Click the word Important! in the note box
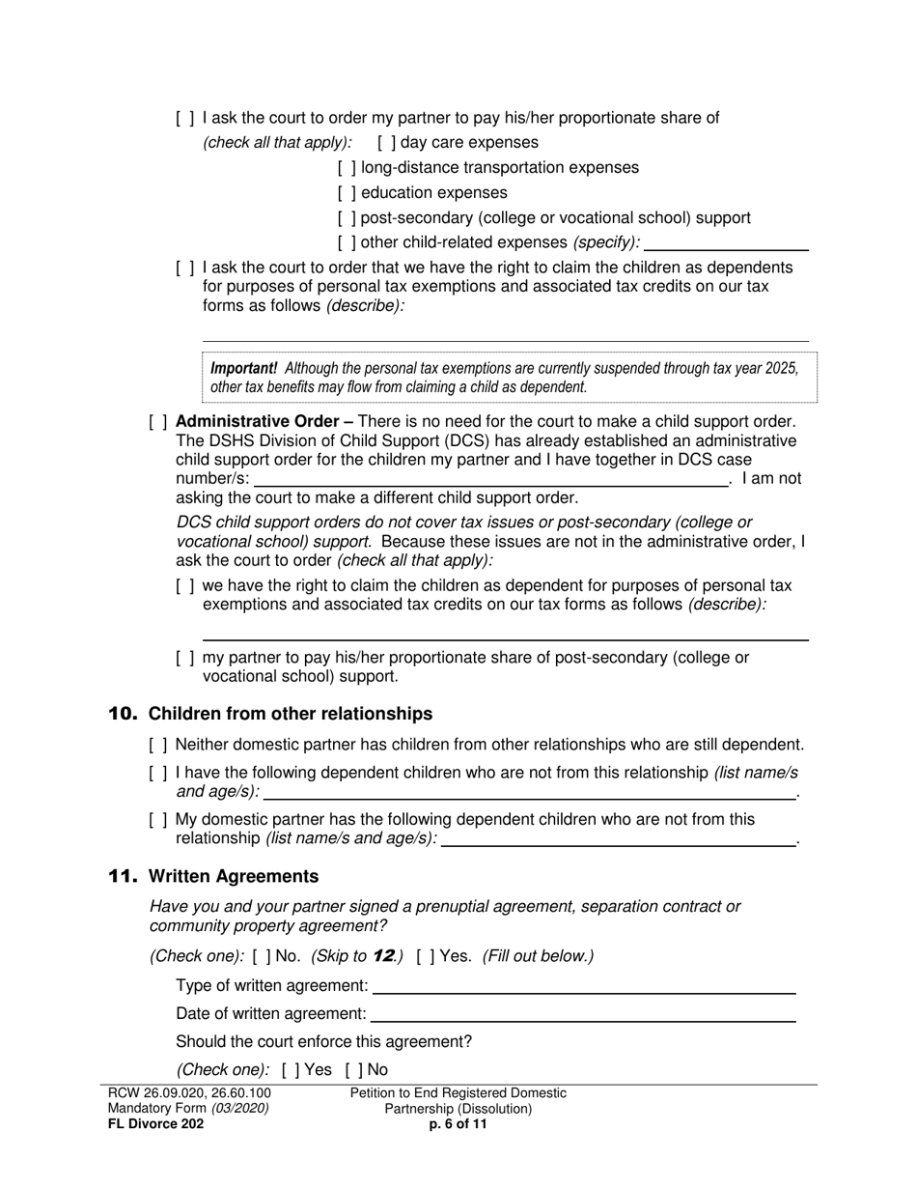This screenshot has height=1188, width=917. click(244, 368)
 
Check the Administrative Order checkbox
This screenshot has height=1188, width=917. click(158, 422)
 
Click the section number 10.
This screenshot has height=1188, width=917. click(123, 714)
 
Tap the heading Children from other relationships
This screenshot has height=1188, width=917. click(291, 714)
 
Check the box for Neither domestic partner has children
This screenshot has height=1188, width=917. click(158, 745)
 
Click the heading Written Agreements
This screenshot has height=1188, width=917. click(234, 876)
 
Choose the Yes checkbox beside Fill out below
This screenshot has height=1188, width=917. click(426, 957)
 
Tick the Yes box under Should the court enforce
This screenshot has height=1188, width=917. click(291, 1070)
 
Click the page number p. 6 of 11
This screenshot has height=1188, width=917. click(458, 1124)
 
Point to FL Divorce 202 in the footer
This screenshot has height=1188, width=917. click(156, 1124)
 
